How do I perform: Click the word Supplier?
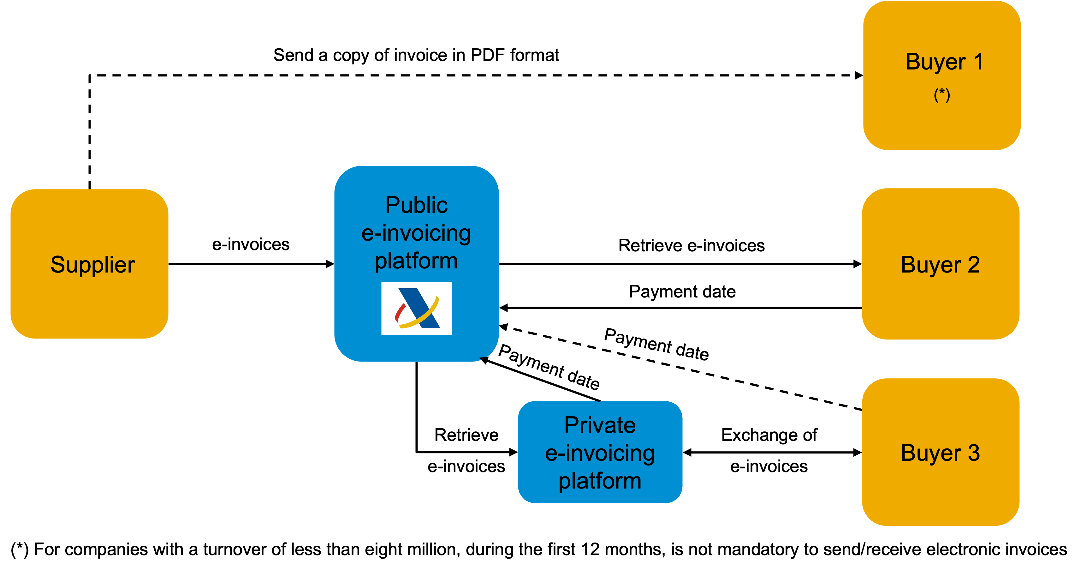(x=92, y=265)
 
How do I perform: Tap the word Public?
(x=416, y=205)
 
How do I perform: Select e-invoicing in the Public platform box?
(x=416, y=233)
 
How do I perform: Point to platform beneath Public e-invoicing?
(x=416, y=261)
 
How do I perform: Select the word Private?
(x=600, y=425)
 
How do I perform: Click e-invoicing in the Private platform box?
(x=600, y=453)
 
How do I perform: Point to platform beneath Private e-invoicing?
(x=600, y=481)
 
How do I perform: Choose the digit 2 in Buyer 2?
(x=974, y=265)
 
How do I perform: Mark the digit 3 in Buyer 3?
(x=974, y=453)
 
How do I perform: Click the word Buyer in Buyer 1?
(x=935, y=62)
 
